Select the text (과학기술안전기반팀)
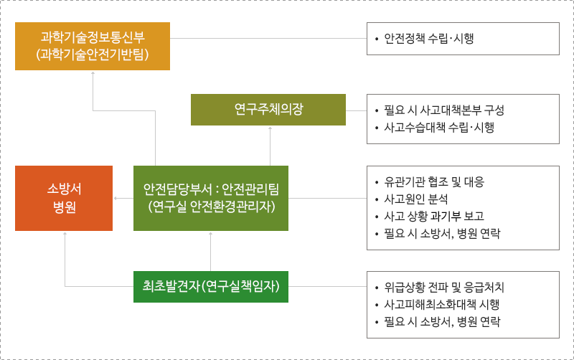93,55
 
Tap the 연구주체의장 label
268,110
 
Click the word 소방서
64,189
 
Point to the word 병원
64,208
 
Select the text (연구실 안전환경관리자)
211,207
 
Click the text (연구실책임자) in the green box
240,287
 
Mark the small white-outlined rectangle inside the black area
446,217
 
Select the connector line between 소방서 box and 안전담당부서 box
123,198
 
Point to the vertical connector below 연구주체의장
270,146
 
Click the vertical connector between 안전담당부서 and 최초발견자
210,251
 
